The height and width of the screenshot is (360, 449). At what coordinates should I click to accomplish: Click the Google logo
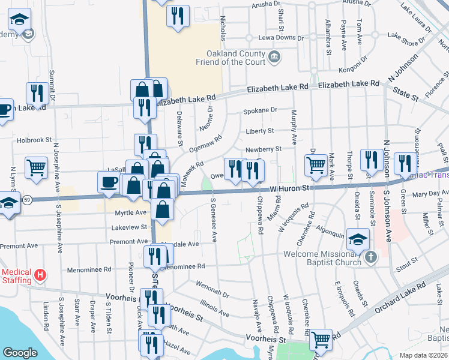pos(19,353)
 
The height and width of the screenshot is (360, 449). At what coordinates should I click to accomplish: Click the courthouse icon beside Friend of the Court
pos(274,58)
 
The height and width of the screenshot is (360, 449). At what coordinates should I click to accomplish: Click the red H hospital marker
pos(40,275)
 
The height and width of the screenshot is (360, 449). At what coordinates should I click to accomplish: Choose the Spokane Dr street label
pos(260,110)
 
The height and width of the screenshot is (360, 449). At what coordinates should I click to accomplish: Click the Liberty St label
pos(259,131)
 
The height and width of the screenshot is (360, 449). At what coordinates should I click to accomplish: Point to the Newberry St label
pos(263,149)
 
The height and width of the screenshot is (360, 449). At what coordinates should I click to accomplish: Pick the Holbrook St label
pos(35,140)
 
